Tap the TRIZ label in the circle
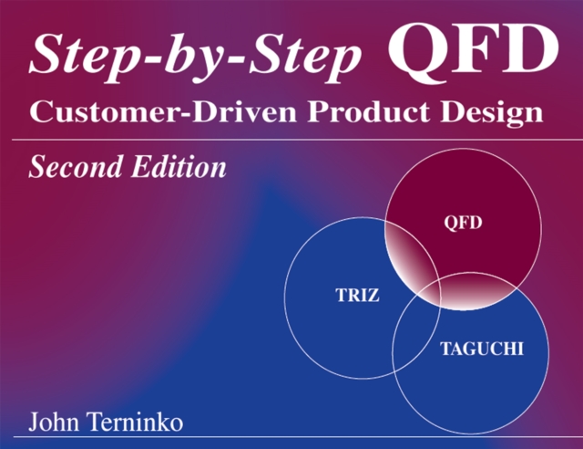click(351, 295)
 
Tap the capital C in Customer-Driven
click(41, 113)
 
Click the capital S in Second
click(37, 168)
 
